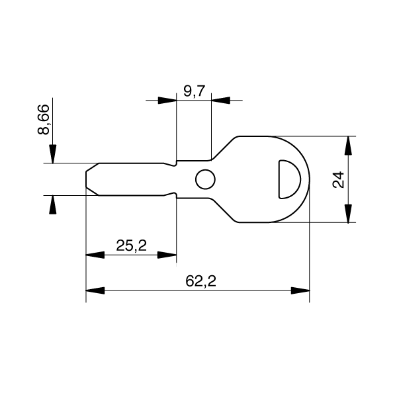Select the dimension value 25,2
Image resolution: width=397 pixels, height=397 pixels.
[131, 246]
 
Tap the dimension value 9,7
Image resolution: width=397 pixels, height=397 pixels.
[194, 91]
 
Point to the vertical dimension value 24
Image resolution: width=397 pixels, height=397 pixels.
[339, 179]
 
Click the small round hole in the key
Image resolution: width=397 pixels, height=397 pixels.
[205, 179]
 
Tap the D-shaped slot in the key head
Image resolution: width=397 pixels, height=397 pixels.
[288, 178]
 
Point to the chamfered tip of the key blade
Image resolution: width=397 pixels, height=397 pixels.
[90, 179]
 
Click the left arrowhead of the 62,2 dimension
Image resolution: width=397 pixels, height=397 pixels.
[93, 290]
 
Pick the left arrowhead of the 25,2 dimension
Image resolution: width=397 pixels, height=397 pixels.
[93, 255]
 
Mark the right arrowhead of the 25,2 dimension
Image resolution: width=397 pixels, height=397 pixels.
[169, 255]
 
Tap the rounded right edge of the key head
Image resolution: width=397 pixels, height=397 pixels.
[309, 179]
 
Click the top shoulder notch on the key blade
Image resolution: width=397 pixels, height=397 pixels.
[173, 161]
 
